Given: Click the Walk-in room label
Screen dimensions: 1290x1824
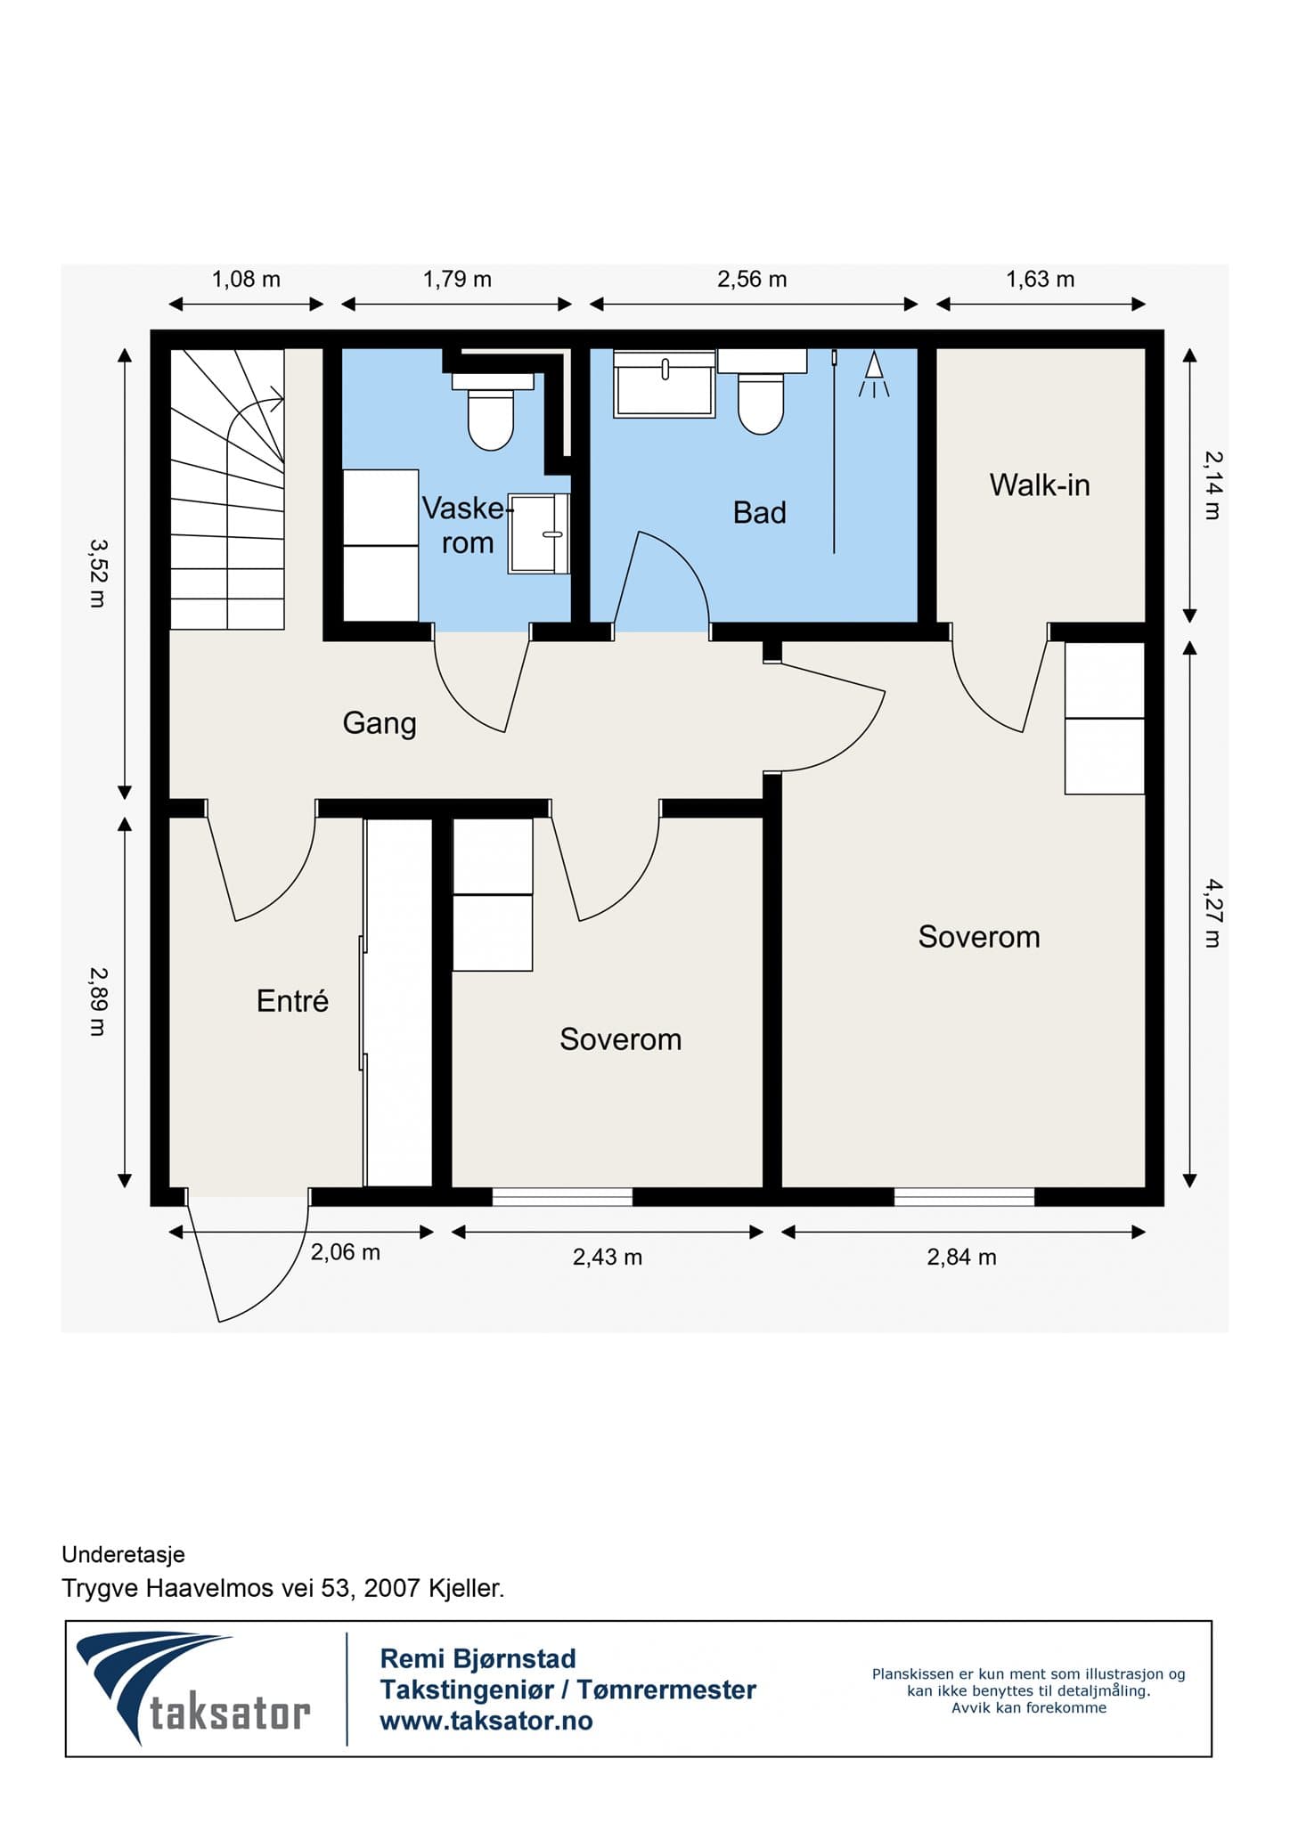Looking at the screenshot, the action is click(x=1040, y=485).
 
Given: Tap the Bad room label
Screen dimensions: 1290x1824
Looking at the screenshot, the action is click(x=760, y=513).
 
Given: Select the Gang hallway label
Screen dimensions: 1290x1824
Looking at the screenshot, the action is click(x=380, y=723).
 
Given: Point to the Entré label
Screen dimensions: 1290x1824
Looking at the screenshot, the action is click(x=292, y=1001).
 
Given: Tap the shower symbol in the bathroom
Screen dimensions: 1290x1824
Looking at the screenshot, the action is click(x=874, y=375).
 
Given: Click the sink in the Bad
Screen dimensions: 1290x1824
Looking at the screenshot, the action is click(x=665, y=384).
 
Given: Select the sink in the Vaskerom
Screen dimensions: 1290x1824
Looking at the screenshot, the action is click(x=539, y=533).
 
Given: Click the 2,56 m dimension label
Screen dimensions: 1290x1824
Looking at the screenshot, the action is click(x=752, y=280).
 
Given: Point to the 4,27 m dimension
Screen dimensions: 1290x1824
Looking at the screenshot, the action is click(x=1212, y=913).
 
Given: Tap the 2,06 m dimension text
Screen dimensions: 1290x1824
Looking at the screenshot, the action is click(x=345, y=1252).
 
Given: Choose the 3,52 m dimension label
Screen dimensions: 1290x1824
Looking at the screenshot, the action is click(x=97, y=572).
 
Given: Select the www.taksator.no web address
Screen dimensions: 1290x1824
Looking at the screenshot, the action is click(x=486, y=1721).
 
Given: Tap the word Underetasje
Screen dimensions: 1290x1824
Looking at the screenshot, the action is click(x=123, y=1554).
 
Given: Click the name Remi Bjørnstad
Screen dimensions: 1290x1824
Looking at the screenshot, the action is click(x=478, y=1658).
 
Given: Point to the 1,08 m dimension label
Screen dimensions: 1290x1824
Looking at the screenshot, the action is click(x=246, y=280).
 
